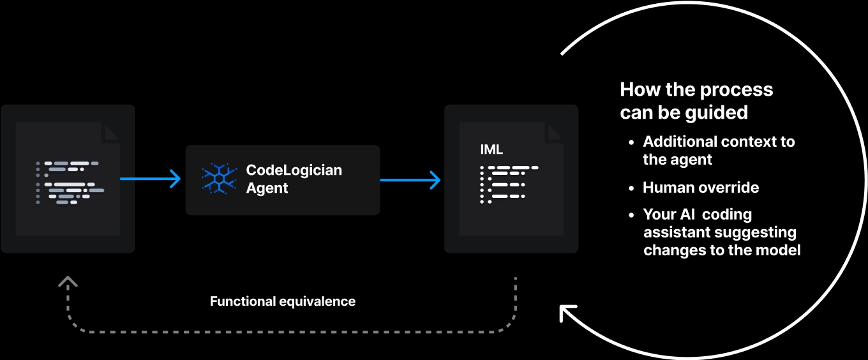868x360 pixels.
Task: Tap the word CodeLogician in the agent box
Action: [294, 170]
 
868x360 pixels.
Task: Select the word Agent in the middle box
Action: [267, 188]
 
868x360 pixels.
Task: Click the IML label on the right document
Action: [491, 150]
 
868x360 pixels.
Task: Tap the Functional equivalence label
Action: [283, 301]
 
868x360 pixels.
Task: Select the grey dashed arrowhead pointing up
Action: [68, 281]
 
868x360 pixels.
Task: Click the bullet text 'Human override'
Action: [701, 188]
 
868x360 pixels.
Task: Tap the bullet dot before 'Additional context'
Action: [632, 142]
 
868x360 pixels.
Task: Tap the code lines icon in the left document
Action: [70, 183]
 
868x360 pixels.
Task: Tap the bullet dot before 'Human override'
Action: [632, 188]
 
